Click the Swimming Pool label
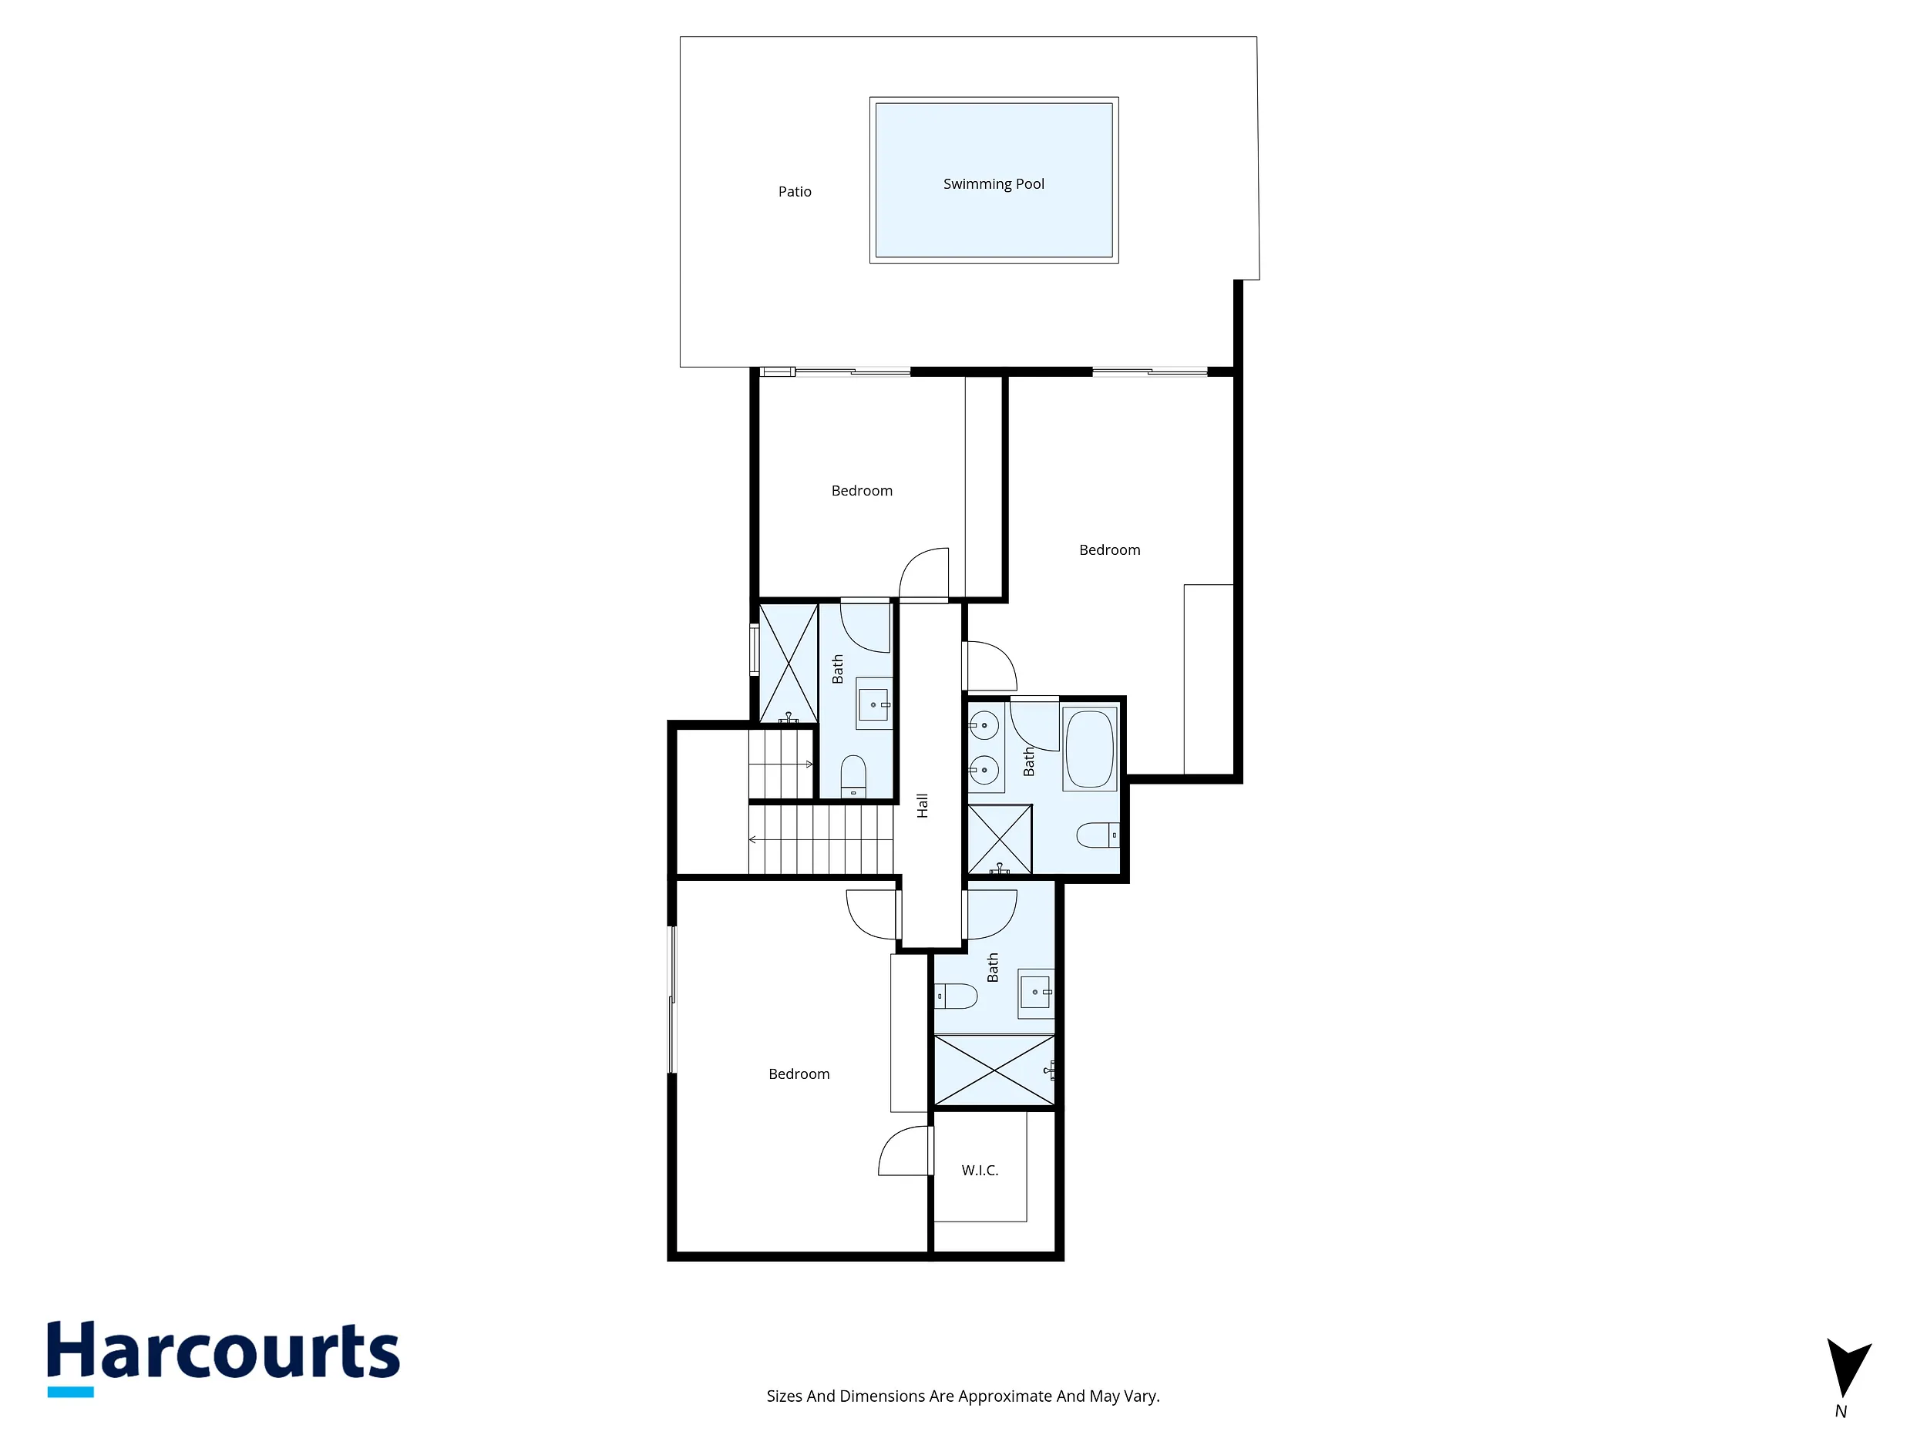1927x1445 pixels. pos(993,183)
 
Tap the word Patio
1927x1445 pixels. pos(795,192)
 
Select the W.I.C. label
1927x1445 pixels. pos(980,1171)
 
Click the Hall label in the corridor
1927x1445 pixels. pos(923,805)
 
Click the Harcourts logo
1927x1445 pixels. pos(224,1357)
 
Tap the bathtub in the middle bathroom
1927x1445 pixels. pos(1090,750)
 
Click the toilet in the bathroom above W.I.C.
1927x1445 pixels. pos(956,996)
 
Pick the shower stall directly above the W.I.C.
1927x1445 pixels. pos(994,1070)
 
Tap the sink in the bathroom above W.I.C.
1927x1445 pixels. pos(1037,993)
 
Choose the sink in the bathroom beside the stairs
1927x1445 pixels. pos(875,704)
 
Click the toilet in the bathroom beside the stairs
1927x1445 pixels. pos(854,775)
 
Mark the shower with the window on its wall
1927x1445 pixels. pos(789,663)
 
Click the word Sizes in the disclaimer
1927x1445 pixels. pos(784,1396)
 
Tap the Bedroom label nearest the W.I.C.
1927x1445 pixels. pos(799,1075)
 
